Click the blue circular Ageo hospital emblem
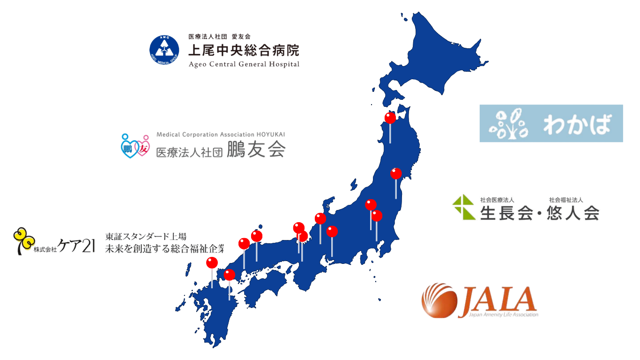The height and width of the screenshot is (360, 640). [x=164, y=50]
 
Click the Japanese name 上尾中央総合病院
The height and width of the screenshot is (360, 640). [x=243, y=50]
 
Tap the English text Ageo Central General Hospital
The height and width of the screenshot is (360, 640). [x=243, y=64]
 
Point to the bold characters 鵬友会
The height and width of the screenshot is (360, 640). [x=256, y=150]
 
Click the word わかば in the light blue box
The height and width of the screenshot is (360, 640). [x=578, y=124]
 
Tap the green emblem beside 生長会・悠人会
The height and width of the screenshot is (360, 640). [x=463, y=207]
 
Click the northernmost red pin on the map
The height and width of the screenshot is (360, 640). [x=390, y=118]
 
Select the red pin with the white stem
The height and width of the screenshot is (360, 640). [x=320, y=218]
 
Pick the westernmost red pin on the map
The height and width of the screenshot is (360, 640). [x=212, y=262]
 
